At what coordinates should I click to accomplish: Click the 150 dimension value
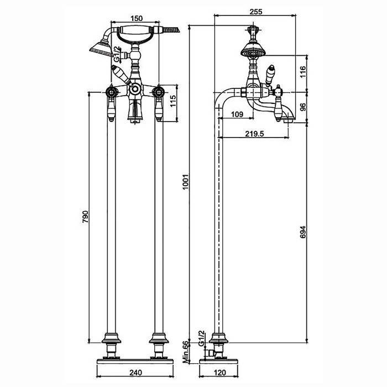point(136,18)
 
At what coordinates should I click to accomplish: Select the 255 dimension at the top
point(256,12)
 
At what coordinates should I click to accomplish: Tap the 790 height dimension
point(85,217)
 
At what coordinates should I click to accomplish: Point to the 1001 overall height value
point(186,182)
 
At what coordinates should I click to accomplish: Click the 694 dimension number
point(303,232)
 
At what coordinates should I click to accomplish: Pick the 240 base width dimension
point(135,373)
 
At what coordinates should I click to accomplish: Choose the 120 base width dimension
point(219,373)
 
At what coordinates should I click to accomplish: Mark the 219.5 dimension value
point(254,134)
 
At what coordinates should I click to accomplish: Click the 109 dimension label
point(237,114)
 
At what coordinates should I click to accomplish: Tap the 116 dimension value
point(303,71)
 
